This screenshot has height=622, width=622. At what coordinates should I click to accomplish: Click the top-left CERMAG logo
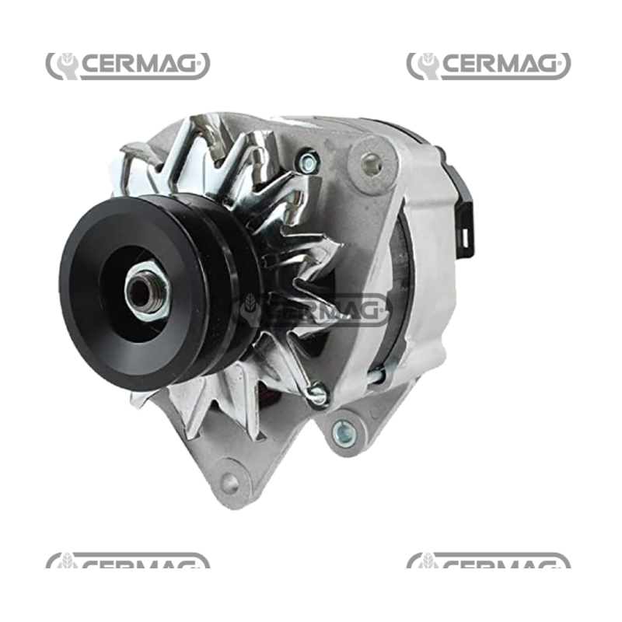[128, 65]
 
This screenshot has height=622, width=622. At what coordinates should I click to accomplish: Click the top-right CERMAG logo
[488, 65]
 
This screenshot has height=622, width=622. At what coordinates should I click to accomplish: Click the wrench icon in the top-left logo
[65, 65]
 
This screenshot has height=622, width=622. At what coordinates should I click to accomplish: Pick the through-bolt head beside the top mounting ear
[309, 162]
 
